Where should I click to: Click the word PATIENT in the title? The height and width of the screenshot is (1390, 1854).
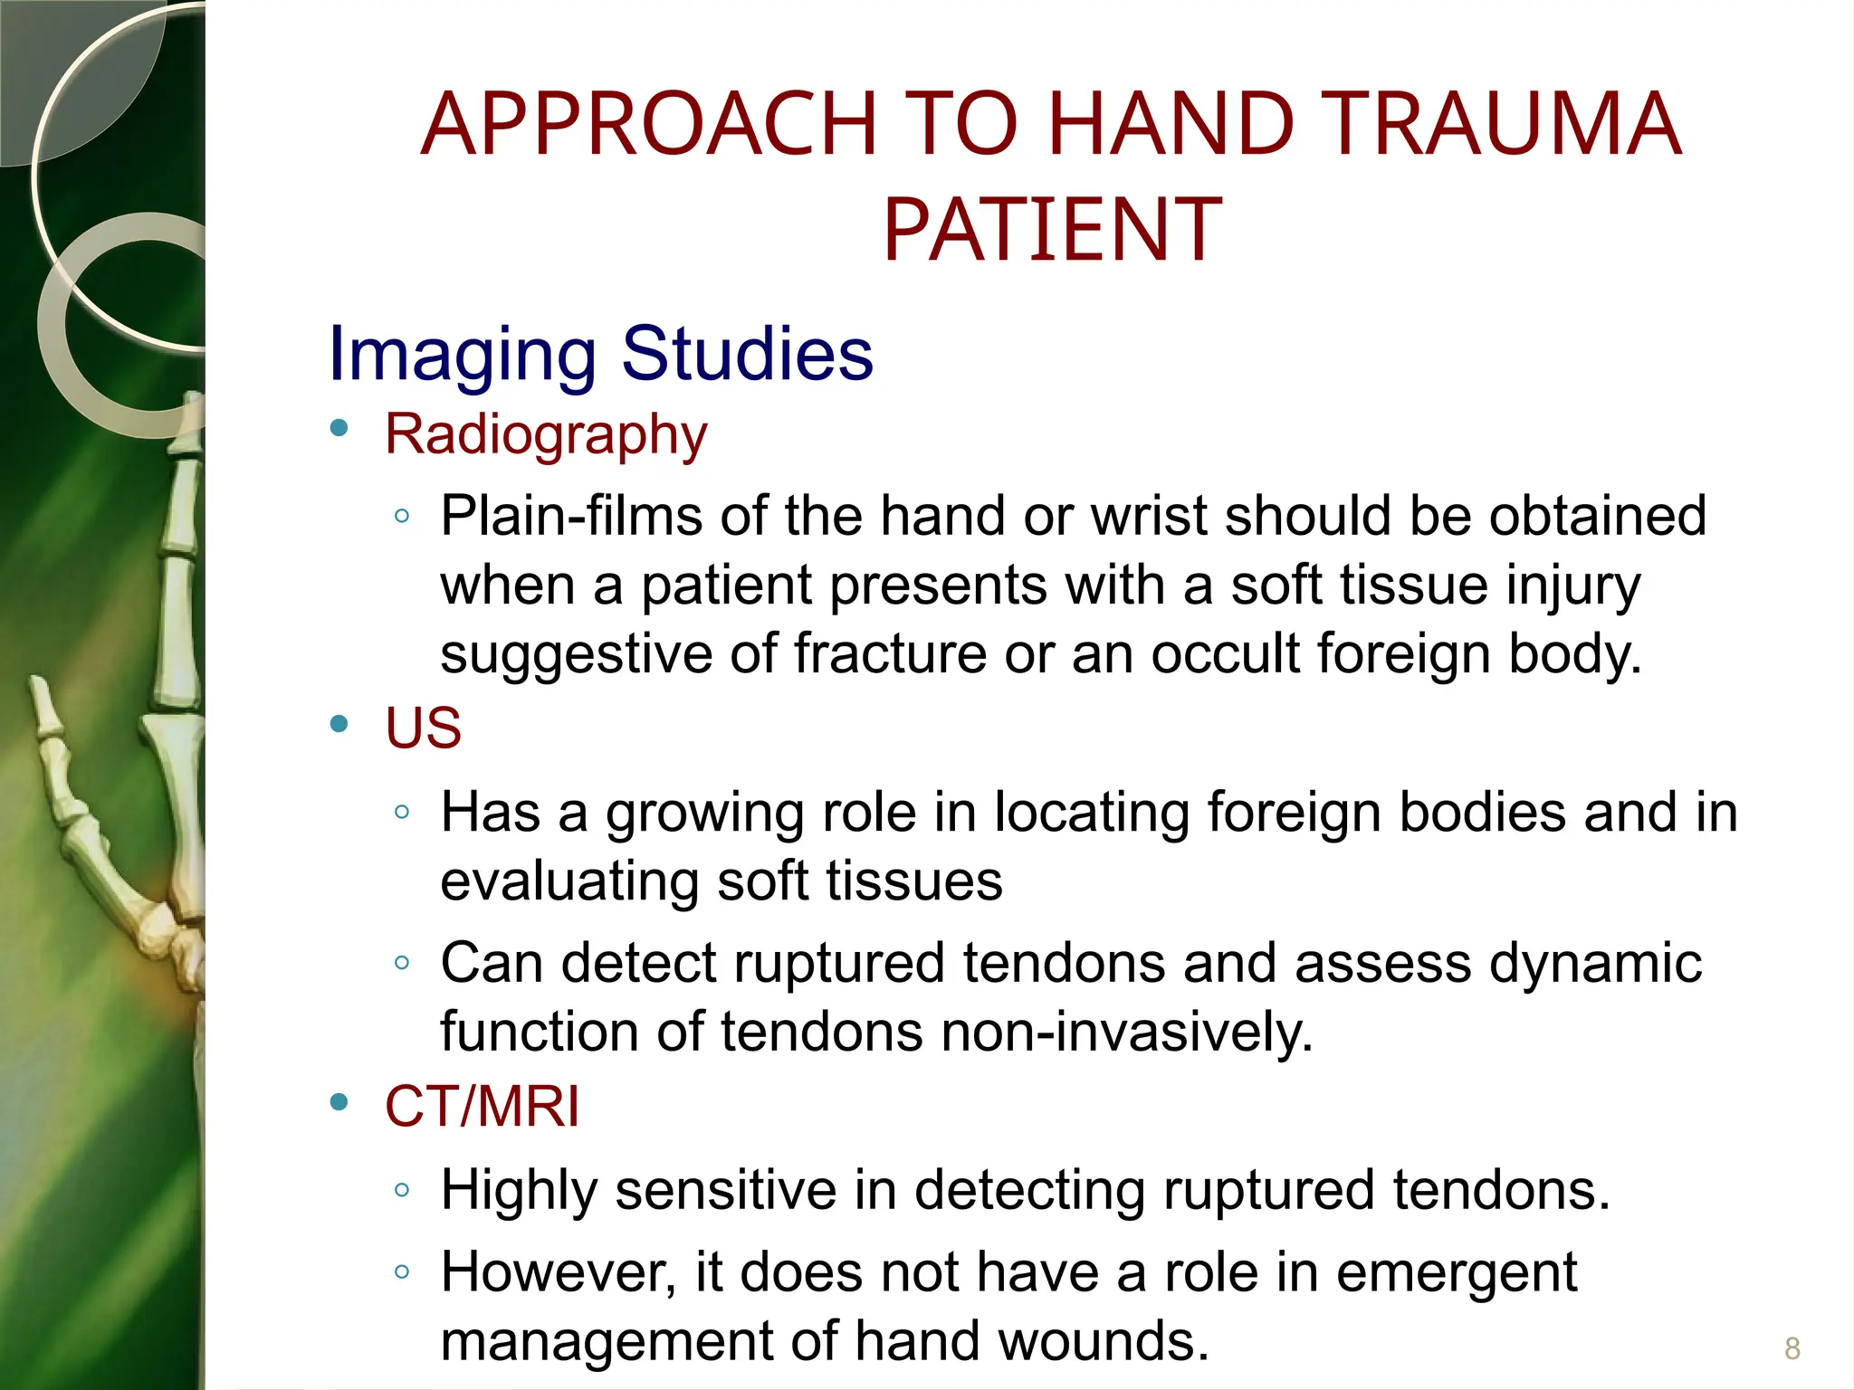1052,231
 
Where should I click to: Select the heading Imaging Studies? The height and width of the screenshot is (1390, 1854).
600,354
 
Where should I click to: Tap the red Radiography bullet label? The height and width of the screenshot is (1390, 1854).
546,434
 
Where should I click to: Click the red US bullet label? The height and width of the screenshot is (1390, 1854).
423,728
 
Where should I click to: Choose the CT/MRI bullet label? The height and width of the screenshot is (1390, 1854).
482,1106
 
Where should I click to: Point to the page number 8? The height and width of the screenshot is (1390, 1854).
1792,1348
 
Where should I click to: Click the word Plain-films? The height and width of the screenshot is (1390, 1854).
571,517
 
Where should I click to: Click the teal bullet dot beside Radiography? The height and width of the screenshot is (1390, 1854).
339,428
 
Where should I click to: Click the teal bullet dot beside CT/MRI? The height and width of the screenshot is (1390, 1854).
339,1101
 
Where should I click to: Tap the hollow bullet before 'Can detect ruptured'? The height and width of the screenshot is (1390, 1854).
402,962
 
